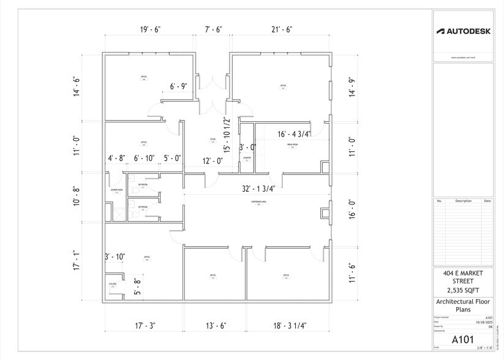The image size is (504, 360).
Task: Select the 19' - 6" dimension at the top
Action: click(x=150, y=29)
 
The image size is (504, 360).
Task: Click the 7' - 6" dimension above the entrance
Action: click(x=213, y=29)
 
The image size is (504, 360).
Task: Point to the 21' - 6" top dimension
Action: click(x=281, y=29)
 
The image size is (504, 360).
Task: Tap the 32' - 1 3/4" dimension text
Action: click(x=258, y=189)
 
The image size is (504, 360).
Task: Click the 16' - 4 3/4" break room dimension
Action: click(x=294, y=134)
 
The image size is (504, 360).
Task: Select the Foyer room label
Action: click(x=213, y=140)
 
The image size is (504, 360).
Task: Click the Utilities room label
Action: click(x=113, y=284)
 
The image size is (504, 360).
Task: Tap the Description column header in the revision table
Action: click(x=464, y=201)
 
